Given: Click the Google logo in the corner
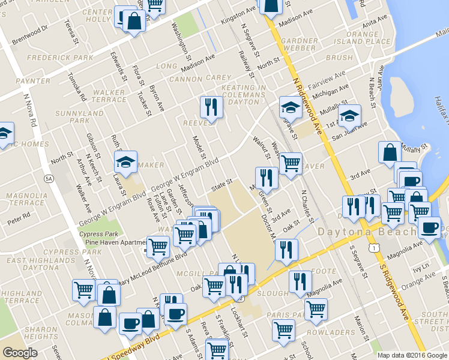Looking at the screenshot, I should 20,353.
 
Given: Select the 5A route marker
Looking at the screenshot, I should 49,178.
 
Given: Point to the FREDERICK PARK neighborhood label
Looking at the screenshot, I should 60,58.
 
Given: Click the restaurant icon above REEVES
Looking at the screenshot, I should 211,106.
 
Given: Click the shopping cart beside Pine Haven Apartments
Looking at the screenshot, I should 158,245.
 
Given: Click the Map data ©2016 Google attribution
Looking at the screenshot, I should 412,355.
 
